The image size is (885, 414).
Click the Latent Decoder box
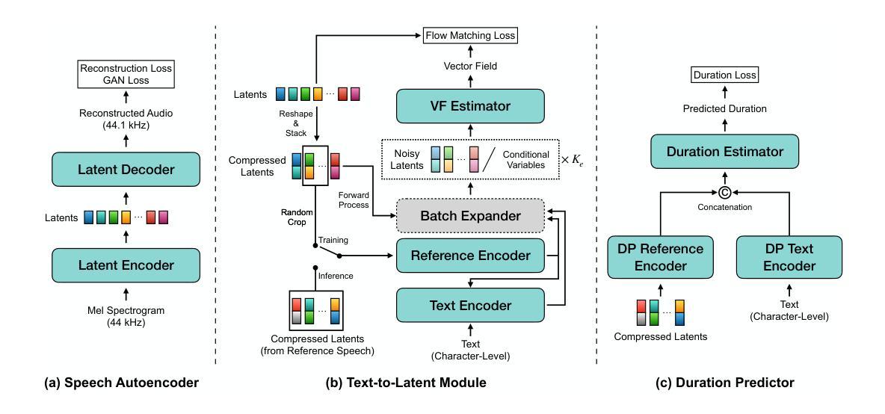click(x=126, y=169)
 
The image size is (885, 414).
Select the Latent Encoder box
click(x=126, y=265)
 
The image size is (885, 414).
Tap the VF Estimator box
click(x=470, y=105)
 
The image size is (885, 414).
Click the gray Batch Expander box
click(x=470, y=215)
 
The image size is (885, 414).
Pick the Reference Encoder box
click(x=470, y=256)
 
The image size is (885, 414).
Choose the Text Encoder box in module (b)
click(x=470, y=305)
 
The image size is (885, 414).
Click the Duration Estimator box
click(x=725, y=151)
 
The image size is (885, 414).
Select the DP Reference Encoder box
click(x=660, y=257)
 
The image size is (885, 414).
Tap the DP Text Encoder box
click(x=789, y=257)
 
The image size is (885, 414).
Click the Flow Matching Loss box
click(x=470, y=36)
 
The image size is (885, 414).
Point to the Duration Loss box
click(x=725, y=75)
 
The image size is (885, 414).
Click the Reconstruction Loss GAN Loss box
click(x=126, y=75)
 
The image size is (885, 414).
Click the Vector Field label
click(x=470, y=67)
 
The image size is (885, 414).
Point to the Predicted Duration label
click(x=725, y=108)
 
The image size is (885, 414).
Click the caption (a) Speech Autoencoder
click(x=121, y=383)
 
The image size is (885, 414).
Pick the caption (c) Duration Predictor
click(x=725, y=383)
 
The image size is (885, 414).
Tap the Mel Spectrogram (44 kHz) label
click(x=126, y=315)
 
